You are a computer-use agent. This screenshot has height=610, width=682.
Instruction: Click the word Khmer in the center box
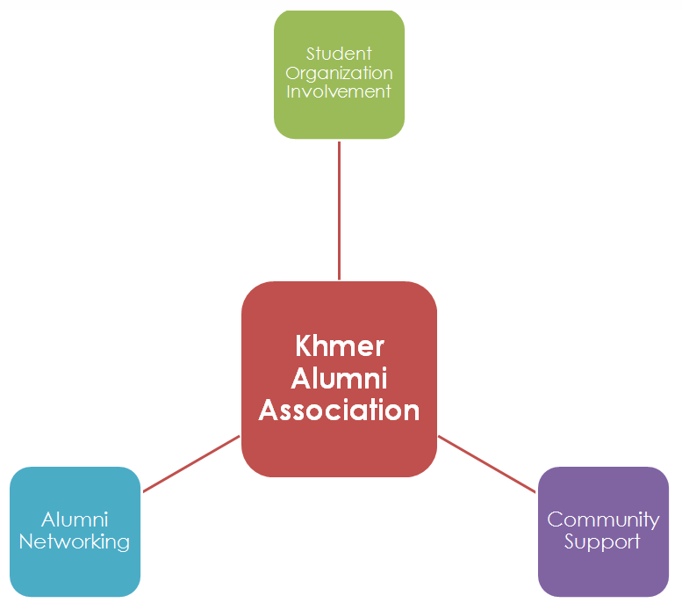340,345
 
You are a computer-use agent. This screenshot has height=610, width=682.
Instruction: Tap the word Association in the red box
340,410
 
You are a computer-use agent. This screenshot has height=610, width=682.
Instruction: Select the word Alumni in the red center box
340,378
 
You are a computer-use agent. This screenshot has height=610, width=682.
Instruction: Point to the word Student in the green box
339,54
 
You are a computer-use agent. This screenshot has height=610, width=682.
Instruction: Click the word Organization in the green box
339,73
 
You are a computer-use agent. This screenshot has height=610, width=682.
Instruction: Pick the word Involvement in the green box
339,91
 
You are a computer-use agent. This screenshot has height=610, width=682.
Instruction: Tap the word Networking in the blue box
75,541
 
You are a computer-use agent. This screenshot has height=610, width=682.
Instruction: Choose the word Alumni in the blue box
75,520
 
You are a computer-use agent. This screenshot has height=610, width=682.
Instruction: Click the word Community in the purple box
603,519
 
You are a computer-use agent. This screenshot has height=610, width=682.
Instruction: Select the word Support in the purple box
603,541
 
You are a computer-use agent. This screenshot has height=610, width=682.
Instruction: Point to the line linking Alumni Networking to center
191,463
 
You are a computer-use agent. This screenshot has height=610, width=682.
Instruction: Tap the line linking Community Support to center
487,463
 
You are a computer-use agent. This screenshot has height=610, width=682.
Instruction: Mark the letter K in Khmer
304,345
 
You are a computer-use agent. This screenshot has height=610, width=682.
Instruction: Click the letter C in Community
555,519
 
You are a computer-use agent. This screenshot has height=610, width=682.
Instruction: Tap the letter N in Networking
25,541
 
